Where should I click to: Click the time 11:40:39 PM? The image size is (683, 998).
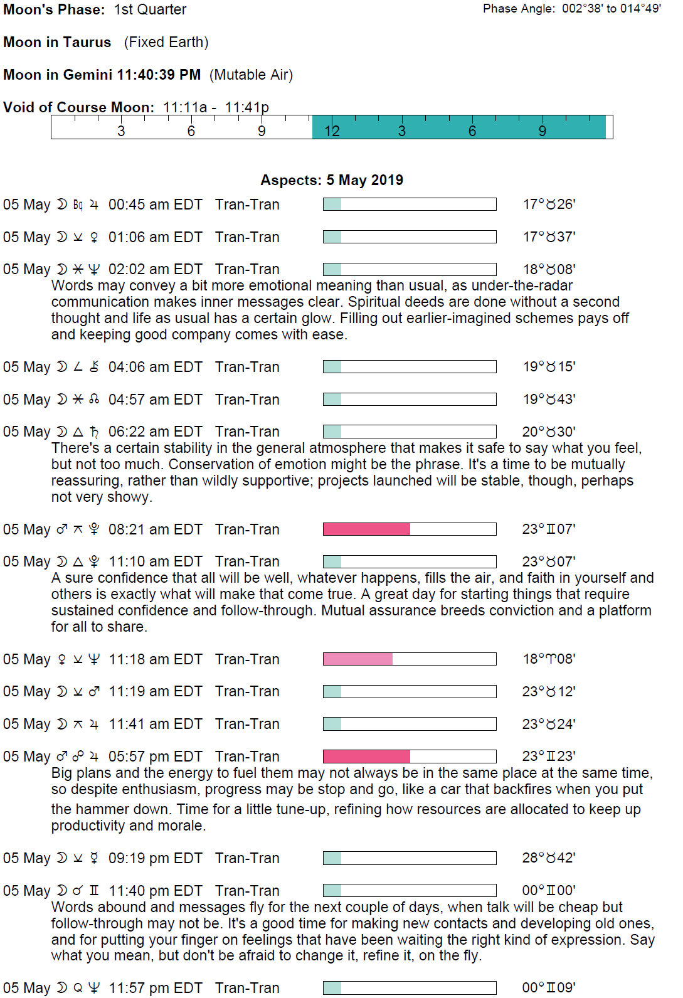coord(159,75)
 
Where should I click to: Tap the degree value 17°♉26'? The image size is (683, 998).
coord(549,204)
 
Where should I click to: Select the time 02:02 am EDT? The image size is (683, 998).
coord(155,269)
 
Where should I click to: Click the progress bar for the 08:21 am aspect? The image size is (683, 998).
coord(409,529)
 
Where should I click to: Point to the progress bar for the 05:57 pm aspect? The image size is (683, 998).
coord(409,756)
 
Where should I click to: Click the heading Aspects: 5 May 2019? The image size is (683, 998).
coord(332,180)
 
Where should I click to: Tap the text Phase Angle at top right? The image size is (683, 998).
coord(518,9)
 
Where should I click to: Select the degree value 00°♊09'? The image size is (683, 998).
coord(549,988)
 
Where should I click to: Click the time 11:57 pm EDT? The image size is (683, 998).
coord(155,988)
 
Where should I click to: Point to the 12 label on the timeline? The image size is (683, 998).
coord(332,130)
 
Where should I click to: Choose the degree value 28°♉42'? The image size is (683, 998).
coord(549,858)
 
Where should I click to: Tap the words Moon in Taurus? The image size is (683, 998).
coord(57,42)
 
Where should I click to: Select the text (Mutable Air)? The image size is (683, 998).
coord(251,75)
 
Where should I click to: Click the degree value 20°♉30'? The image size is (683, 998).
coord(549,432)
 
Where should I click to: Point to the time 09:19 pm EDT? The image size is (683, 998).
coord(155,858)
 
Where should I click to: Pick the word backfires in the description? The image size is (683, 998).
coord(507,789)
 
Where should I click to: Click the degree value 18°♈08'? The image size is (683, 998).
coord(549,659)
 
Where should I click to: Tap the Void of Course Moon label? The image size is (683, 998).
coord(78,107)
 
